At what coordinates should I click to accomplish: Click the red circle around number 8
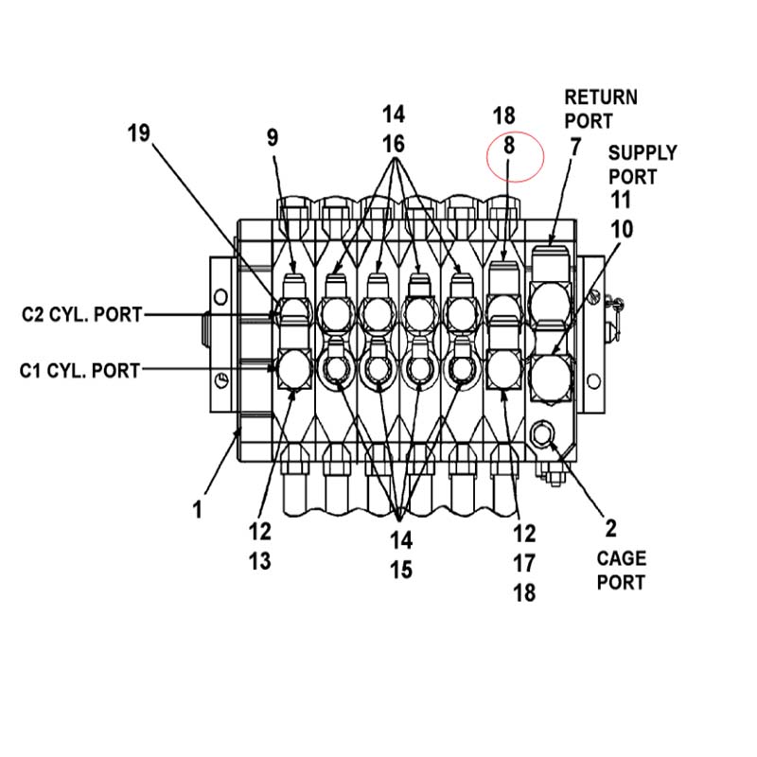point(486,157)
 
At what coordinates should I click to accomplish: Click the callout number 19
point(138,133)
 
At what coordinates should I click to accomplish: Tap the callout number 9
point(273,137)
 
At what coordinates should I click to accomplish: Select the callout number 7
point(574,148)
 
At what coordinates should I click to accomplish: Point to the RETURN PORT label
point(601,109)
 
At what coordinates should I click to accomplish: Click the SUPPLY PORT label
point(643,165)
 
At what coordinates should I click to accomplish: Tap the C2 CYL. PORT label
point(82,314)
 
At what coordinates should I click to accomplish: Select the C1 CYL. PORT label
point(80,371)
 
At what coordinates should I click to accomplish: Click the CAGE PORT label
point(622,571)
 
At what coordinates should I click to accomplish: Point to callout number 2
point(610,529)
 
